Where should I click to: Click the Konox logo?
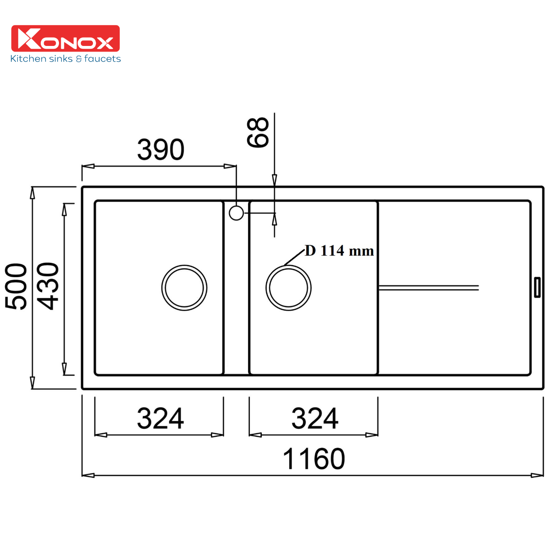65,38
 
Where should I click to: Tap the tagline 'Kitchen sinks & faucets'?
65,58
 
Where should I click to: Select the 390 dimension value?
161,149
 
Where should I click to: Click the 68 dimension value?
258,132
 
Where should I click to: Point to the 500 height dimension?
16,286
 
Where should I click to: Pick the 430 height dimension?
48,286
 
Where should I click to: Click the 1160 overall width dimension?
314,459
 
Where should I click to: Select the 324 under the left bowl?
160,418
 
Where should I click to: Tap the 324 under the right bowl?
315,418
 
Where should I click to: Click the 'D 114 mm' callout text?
339,251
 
